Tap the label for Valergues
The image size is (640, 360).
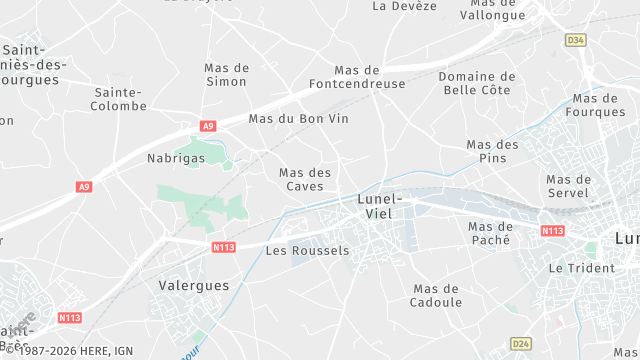194,285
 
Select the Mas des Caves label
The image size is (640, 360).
305,179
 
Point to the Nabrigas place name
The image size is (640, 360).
176,158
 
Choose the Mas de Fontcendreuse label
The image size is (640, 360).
370,77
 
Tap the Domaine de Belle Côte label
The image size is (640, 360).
477,83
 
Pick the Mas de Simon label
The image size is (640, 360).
226,74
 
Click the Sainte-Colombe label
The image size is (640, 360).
119,98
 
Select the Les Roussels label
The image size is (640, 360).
308,250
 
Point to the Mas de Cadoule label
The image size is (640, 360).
437,295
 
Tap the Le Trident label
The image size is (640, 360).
575,269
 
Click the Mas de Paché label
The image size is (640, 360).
490,233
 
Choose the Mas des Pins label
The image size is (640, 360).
493,151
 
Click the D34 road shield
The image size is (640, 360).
574,40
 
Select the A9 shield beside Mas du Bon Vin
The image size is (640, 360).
208,126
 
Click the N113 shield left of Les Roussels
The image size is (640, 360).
223,246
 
